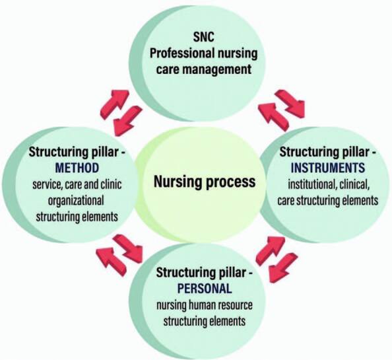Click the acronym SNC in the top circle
pos(203,37)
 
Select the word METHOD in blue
pos(77,168)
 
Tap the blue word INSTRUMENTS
pos(328,168)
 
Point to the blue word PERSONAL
pos(205,289)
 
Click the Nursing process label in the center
pos(205,182)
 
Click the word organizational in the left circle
pos(76,200)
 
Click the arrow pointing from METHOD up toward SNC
pos(114,103)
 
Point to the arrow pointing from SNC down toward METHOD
pos(127,120)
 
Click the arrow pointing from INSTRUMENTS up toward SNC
pos(274,117)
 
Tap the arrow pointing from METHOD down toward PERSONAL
pos(128,248)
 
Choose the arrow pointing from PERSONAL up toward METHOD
pos(112,262)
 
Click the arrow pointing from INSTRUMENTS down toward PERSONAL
pos(283,268)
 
